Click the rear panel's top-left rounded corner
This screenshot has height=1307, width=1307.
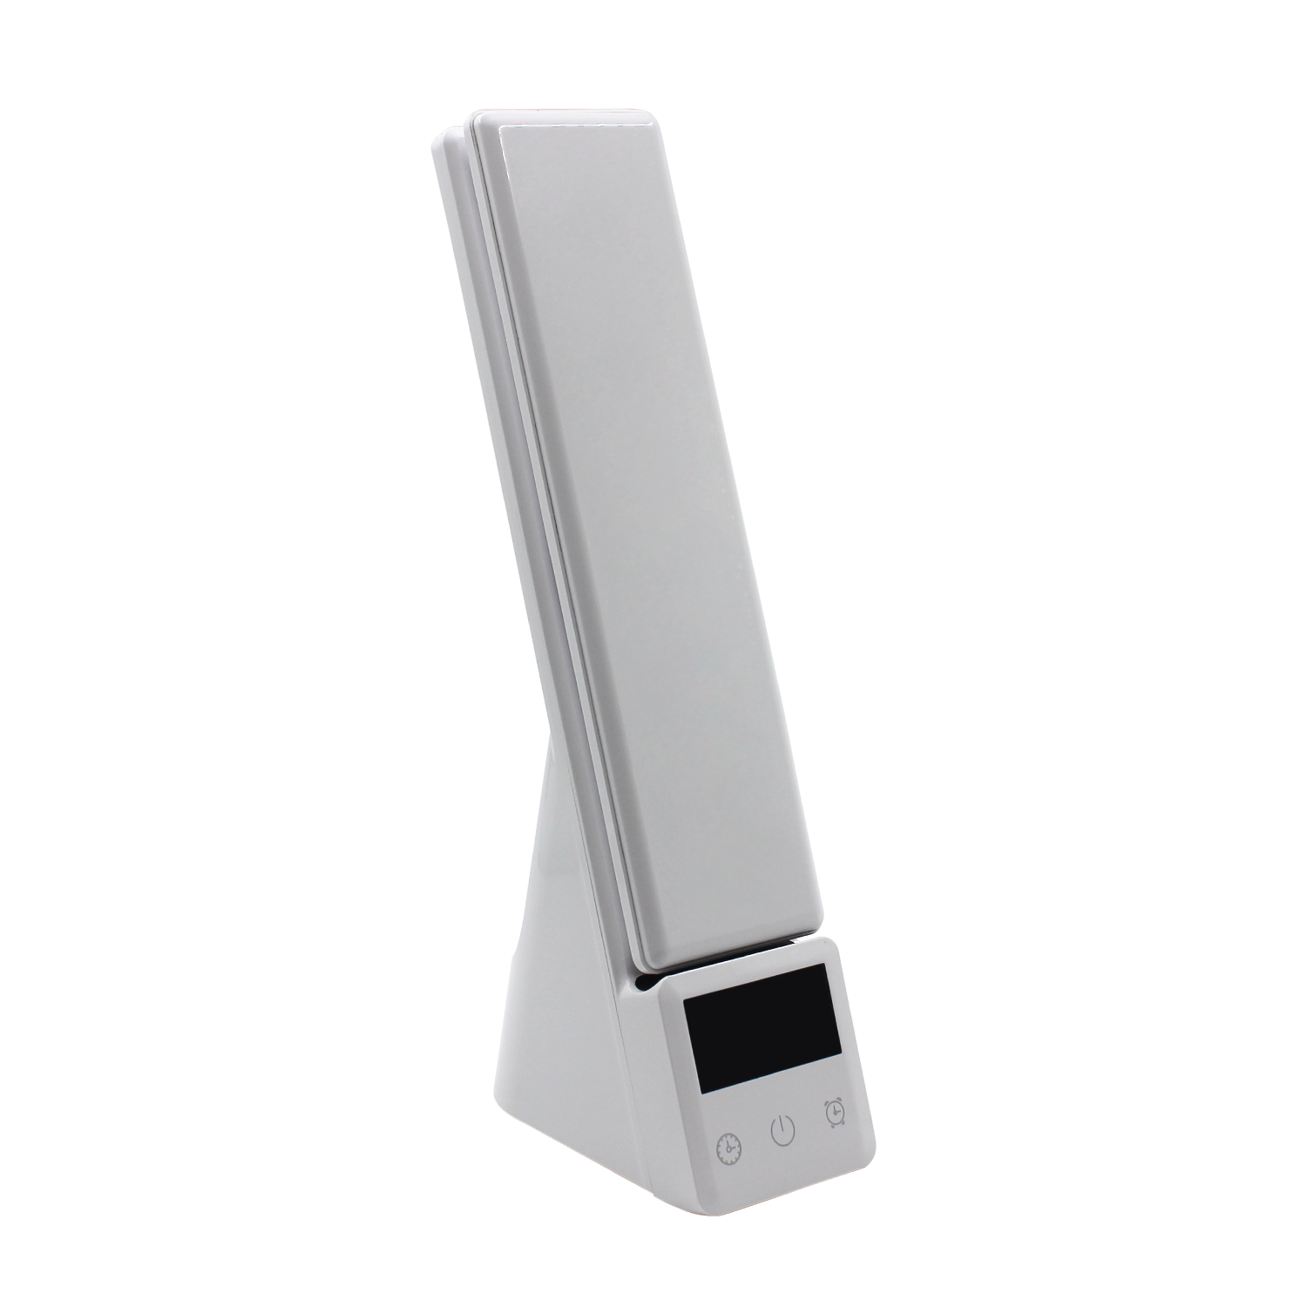[440, 139]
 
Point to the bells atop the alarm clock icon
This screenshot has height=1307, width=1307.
[835, 1104]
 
